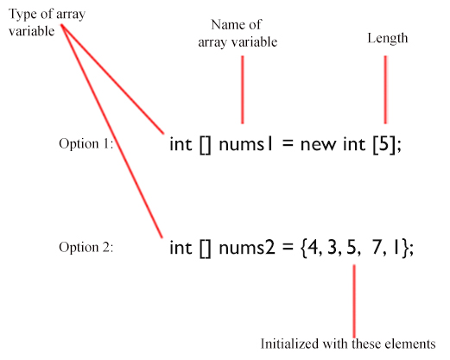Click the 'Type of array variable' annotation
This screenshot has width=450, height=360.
click(x=47, y=22)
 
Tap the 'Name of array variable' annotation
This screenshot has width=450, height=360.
click(x=238, y=34)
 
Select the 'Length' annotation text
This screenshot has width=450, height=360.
click(x=388, y=38)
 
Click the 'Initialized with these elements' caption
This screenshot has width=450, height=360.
click(x=348, y=344)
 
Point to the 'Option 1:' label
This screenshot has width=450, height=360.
click(x=86, y=143)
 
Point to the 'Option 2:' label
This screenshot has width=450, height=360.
click(x=86, y=247)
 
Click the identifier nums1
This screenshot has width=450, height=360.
click(x=245, y=144)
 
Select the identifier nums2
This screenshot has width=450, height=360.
click(x=247, y=248)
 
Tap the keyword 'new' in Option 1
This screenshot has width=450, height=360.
click(x=318, y=145)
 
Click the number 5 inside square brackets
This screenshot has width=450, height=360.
click(x=383, y=143)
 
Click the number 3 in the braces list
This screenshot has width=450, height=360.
click(x=332, y=247)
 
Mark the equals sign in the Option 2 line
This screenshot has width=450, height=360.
click(x=288, y=248)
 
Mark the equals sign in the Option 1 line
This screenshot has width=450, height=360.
click(x=288, y=144)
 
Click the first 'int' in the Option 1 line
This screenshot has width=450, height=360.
click(x=181, y=144)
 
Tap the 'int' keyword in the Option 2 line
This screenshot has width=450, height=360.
click(x=181, y=248)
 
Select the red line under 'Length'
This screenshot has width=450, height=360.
click(x=385, y=90)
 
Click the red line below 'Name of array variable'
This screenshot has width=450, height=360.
click(x=243, y=90)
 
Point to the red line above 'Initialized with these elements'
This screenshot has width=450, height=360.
click(x=354, y=301)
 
